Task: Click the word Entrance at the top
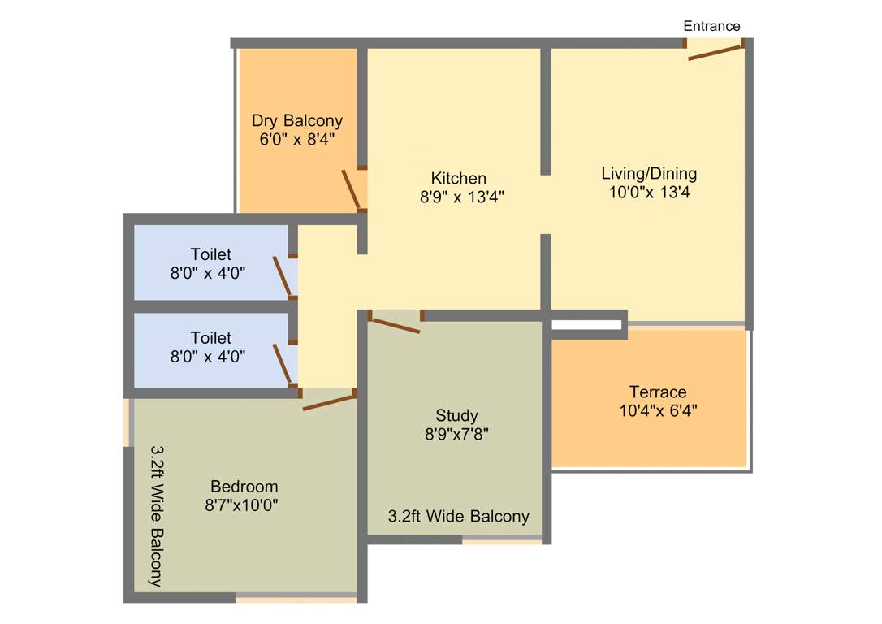pyautogui.click(x=711, y=26)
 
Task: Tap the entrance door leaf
pyautogui.click(x=716, y=51)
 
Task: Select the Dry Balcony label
pyautogui.click(x=296, y=121)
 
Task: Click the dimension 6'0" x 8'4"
pyautogui.click(x=296, y=139)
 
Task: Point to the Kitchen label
pyautogui.click(x=458, y=178)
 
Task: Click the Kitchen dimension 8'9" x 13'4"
pyautogui.click(x=458, y=196)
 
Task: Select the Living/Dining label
pyautogui.click(x=649, y=173)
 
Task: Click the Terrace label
pyautogui.click(x=658, y=392)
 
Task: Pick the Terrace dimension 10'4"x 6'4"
pyautogui.click(x=658, y=410)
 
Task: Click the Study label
pyautogui.click(x=456, y=415)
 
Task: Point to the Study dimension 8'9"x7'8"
pyautogui.click(x=456, y=434)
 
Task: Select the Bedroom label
pyautogui.click(x=244, y=487)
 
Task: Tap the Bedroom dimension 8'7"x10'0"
pyautogui.click(x=244, y=505)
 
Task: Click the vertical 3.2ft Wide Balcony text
pyautogui.click(x=157, y=515)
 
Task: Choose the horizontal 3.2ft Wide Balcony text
pyautogui.click(x=458, y=516)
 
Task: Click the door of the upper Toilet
pyautogui.click(x=283, y=277)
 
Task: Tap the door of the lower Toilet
pyautogui.click(x=283, y=363)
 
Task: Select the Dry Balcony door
pyautogui.click(x=352, y=190)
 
